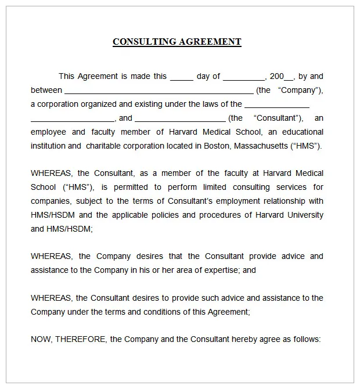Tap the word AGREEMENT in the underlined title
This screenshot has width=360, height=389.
pos(210,42)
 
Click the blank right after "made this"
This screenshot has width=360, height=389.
pos(182,77)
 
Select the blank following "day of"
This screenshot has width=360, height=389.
pos(244,77)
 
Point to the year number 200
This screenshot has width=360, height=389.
pos(277,76)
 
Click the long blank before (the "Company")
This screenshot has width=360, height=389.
pos(159,91)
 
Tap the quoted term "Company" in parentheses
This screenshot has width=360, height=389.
pos(298,90)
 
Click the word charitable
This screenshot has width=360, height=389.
pos(104,146)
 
